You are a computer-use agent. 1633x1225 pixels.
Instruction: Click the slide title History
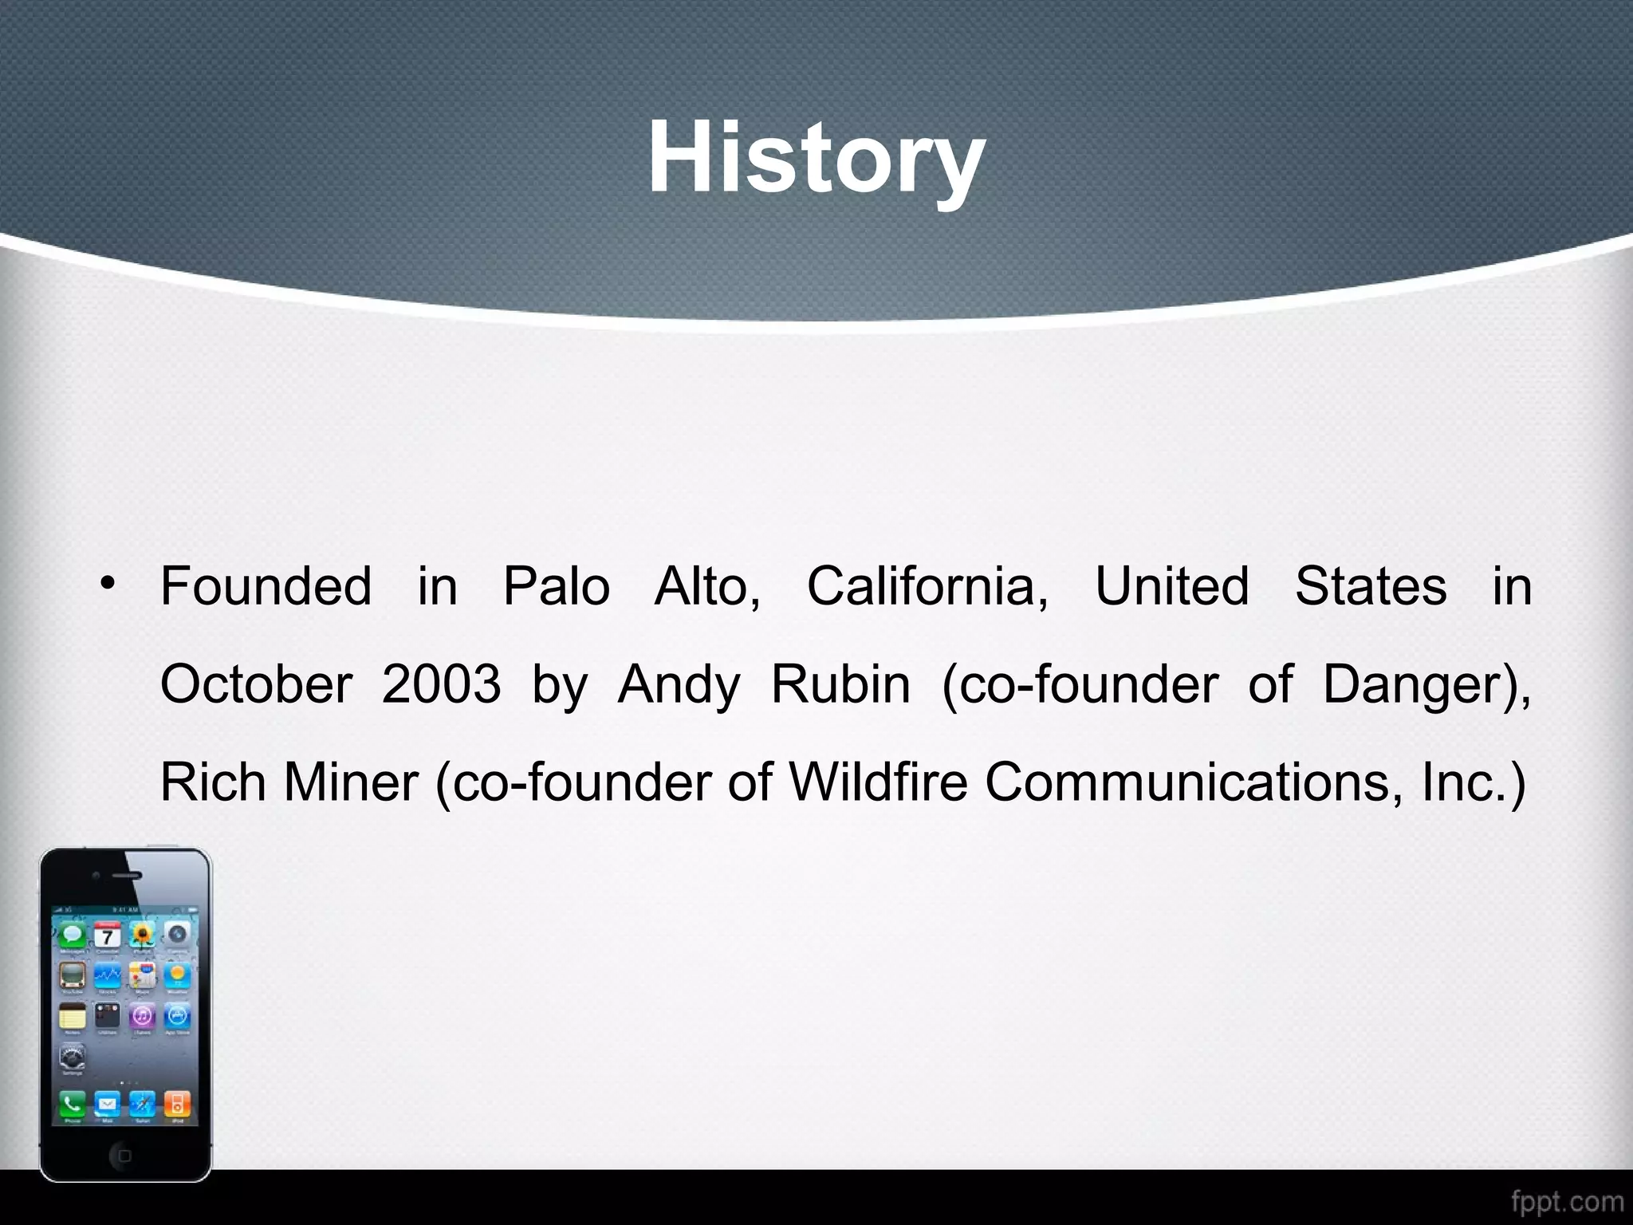tap(816, 157)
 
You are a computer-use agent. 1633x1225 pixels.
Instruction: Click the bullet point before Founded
tap(108, 584)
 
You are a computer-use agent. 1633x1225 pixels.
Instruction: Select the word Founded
tap(266, 586)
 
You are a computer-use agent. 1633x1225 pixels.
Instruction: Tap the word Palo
tap(556, 586)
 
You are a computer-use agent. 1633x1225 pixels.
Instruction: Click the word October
tap(256, 684)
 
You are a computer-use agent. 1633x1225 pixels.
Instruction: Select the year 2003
tap(440, 684)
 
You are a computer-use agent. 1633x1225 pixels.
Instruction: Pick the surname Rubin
tap(840, 684)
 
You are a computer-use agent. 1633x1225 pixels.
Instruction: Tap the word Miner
tap(351, 782)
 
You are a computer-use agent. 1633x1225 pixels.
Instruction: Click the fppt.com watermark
tap(1567, 1201)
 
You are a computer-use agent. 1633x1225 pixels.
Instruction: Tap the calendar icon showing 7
tap(108, 935)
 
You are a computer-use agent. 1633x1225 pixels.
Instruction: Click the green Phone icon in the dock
tap(72, 1104)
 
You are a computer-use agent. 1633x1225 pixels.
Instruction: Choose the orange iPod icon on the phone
tap(177, 1104)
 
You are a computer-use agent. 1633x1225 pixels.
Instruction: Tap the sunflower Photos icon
tap(143, 935)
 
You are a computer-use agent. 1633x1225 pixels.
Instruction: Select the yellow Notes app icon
tap(73, 1017)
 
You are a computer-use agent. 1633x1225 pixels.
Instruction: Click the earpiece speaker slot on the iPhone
tap(126, 875)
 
